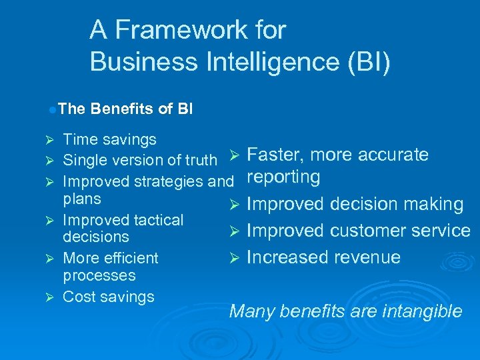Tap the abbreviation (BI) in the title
pos(366,61)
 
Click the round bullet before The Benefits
pos(51,108)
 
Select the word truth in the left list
pos(201,160)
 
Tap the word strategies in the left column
pos(169,181)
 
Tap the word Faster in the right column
pos(273,155)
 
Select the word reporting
pos(283,177)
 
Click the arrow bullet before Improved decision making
pos(234,205)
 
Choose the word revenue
pos(367,257)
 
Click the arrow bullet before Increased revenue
pos(234,258)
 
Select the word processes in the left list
pos(99,275)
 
